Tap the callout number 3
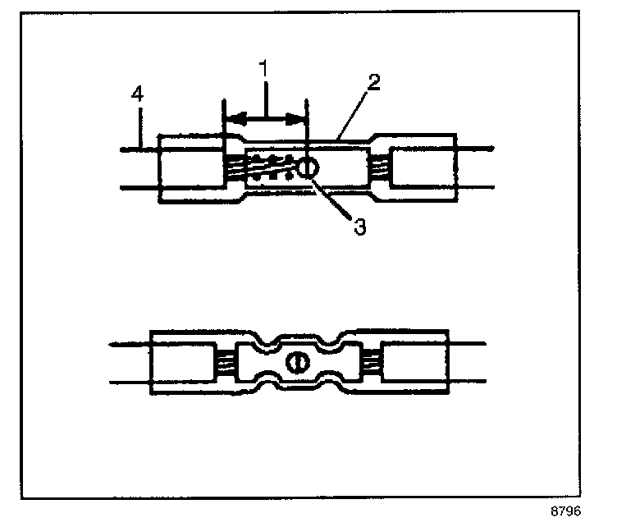point(359,227)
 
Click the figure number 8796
point(566,511)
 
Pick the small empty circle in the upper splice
point(308,168)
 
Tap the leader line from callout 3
point(332,199)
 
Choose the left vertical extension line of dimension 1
point(224,123)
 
